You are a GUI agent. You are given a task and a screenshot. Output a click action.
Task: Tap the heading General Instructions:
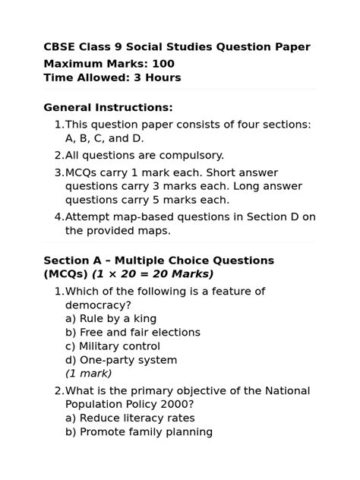[x=108, y=108]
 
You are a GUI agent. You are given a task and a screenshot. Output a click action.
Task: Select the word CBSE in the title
[x=61, y=47]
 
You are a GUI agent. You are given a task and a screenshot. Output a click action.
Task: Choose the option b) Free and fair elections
[x=133, y=333]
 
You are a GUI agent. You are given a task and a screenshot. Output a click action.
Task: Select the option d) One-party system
[x=121, y=360]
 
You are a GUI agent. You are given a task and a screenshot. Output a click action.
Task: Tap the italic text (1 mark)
[x=88, y=373]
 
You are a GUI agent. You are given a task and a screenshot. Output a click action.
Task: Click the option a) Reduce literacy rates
[x=130, y=418]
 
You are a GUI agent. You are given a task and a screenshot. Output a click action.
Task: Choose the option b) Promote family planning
[x=138, y=431]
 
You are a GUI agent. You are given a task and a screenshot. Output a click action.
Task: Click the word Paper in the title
[x=290, y=47]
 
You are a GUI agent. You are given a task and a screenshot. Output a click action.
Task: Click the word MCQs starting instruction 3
[x=82, y=172]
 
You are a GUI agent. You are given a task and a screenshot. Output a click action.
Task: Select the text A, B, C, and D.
[x=104, y=138]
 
